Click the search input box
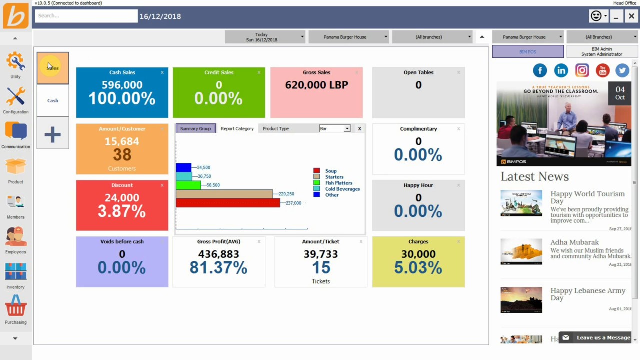coord(86,16)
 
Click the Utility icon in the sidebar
coord(15,62)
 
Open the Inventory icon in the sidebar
coord(15,272)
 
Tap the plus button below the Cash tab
coord(52,134)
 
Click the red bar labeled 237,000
coord(227,203)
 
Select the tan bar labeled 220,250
coord(224,194)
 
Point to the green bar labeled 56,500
coord(188,185)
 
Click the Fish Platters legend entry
coord(338,183)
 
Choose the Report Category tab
coord(237,129)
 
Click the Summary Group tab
coord(195,129)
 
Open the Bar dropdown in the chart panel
coord(334,129)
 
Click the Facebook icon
coord(540,71)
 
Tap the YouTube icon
coord(602,71)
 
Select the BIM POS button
coord(527,51)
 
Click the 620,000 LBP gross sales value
coord(316,85)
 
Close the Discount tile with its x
coord(162,185)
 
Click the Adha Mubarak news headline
coord(574,242)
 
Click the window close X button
coord(631,16)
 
